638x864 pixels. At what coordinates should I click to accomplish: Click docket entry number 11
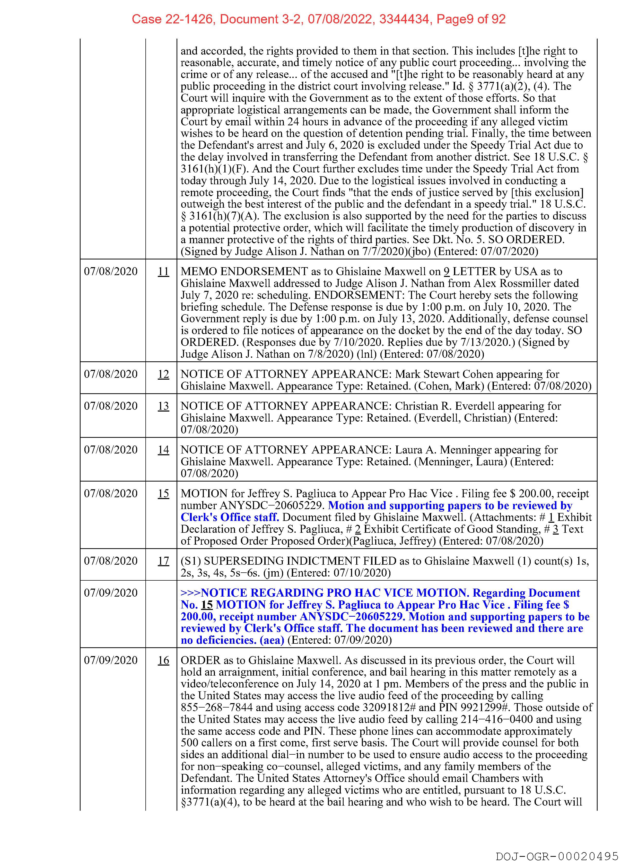coord(163,272)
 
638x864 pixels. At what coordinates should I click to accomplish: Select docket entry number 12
coord(163,374)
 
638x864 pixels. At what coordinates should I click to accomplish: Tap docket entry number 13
coord(163,406)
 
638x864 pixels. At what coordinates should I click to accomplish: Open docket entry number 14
coord(163,450)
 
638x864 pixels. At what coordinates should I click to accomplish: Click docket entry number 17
coord(163,561)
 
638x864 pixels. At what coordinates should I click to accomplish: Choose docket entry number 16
coord(163,660)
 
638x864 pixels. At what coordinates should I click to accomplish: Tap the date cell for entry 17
coord(111,561)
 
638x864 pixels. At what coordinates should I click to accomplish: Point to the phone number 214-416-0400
coord(496,720)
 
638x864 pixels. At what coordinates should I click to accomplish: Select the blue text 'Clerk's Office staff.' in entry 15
coord(230,518)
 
